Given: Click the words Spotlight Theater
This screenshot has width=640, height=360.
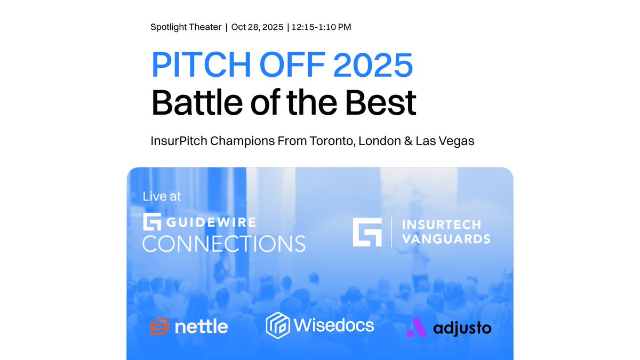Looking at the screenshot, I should pos(186,27).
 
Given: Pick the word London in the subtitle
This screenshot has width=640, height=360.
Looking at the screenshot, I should pos(377,141).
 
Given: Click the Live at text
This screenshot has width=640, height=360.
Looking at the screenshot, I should pos(162,196).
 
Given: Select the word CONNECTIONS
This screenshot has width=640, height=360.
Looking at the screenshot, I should pos(224,243).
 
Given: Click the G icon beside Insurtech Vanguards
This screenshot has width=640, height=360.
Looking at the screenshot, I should pos(367,231).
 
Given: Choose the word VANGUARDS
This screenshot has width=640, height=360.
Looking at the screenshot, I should pos(446,239).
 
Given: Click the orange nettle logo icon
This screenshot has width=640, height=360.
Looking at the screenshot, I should pos(159,326).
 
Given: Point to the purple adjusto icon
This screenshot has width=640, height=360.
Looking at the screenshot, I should pos(417,327).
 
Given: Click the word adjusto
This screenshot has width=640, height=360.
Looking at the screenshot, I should pos(462,328).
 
